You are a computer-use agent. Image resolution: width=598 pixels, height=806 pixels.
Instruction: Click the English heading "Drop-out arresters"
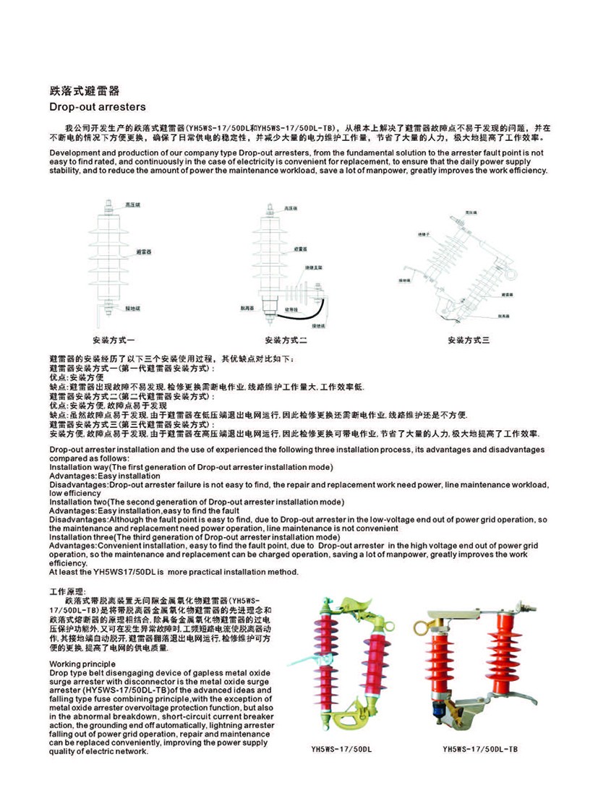(x=97, y=107)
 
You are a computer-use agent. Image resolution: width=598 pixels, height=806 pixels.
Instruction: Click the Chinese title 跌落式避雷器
(x=84, y=92)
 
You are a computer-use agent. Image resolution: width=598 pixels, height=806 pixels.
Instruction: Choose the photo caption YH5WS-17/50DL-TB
(x=480, y=750)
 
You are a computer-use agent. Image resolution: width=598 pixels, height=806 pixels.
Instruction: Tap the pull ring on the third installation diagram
(x=514, y=274)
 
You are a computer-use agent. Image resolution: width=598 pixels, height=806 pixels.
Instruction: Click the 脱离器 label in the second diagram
(x=247, y=307)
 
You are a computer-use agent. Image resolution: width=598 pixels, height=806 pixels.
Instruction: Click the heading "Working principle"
(x=82, y=663)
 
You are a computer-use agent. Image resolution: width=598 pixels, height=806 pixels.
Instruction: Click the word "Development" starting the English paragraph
(x=72, y=153)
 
